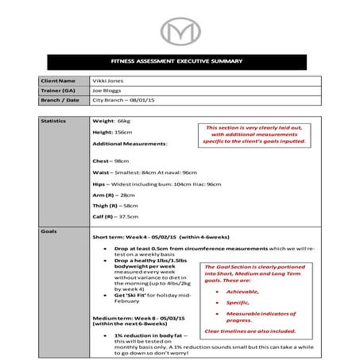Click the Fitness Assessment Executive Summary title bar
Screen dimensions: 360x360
tap(180, 63)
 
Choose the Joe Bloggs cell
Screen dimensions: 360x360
tap(108, 91)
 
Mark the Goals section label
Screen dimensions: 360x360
tap(48, 230)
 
